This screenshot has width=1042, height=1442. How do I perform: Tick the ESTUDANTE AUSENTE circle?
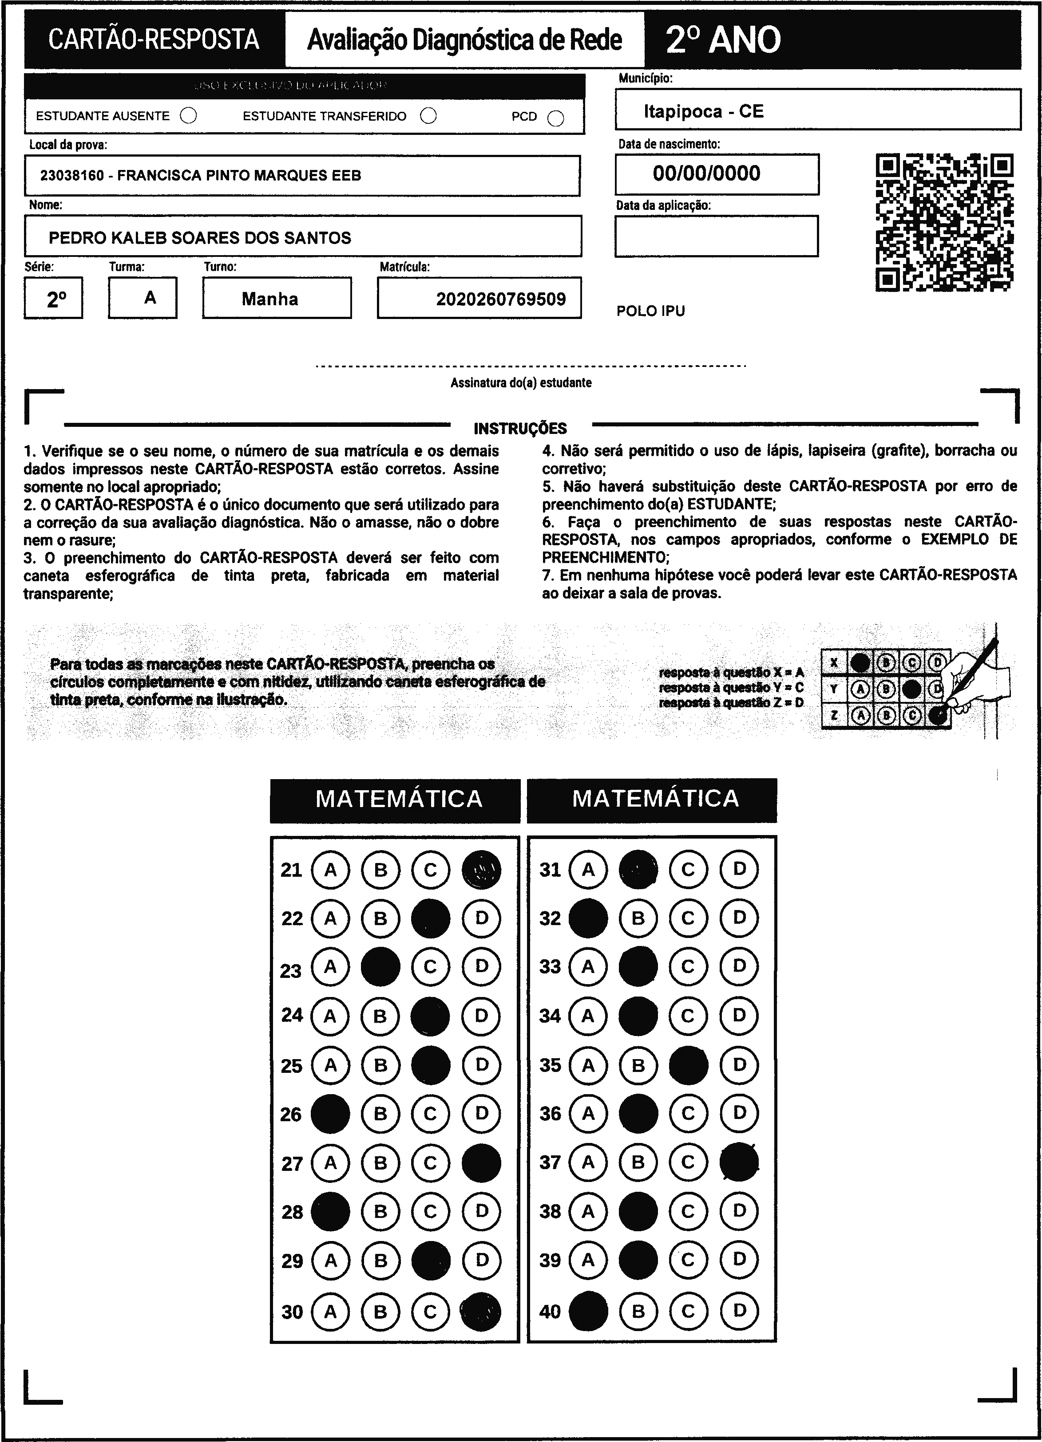188,116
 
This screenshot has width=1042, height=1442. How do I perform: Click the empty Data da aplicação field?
716,236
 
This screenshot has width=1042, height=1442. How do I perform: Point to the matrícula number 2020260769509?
501,299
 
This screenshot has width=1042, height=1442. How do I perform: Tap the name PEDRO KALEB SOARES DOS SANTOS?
200,238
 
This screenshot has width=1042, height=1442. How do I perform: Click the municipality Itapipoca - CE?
703,111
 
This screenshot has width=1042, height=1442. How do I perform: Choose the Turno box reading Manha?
277,298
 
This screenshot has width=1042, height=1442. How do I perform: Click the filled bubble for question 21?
481,869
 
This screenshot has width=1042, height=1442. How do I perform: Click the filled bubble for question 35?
688,1065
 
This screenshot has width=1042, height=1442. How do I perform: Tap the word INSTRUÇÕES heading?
520,428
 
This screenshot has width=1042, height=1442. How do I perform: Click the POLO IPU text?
650,311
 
